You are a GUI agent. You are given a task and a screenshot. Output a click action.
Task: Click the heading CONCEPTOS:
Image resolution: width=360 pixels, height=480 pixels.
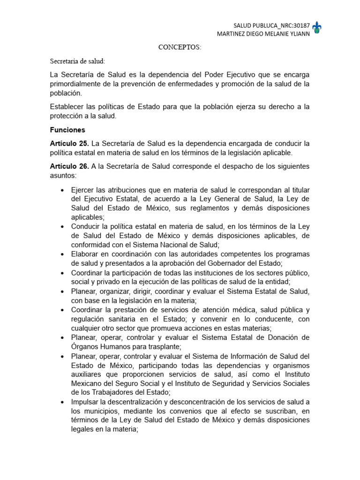click(180, 48)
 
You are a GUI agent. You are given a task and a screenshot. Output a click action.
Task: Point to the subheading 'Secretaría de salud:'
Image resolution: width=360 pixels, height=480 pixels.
click(78, 61)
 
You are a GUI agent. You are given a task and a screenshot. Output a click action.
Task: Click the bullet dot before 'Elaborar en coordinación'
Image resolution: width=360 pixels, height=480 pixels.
click(63, 254)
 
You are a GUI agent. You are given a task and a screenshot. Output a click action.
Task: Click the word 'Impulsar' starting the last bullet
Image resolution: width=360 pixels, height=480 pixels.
click(86, 402)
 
